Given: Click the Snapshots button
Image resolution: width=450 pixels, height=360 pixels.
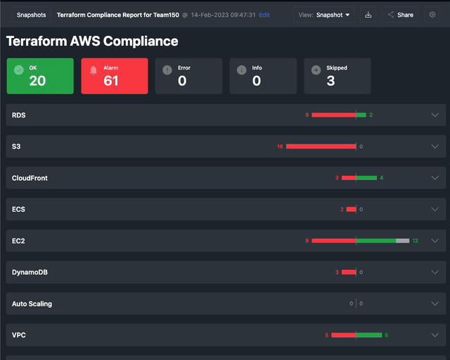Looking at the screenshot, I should pos(31,14).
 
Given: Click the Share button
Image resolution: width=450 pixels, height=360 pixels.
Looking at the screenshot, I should pos(400,14).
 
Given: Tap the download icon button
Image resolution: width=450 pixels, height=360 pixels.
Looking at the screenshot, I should pos(368,14).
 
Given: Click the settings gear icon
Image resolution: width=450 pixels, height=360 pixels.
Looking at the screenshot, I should pos(432,14).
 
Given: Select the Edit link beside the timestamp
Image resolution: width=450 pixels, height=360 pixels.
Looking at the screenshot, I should pos(264,14).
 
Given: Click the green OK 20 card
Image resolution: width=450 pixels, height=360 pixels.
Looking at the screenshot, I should pos(40,76).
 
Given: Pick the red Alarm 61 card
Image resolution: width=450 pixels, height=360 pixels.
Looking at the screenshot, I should pos(115,76).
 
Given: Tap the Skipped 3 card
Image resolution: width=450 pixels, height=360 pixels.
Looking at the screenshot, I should pos(337,76).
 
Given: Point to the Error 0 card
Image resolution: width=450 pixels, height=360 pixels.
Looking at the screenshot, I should pos(188,76).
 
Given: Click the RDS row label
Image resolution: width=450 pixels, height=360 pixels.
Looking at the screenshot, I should pos(19,115).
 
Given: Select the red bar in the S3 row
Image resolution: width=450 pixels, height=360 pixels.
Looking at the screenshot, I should pos(321,146).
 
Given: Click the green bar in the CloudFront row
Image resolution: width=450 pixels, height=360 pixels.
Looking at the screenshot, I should pos(366,178).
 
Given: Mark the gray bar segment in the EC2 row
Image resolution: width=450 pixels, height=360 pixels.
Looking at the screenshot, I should pos(402,240).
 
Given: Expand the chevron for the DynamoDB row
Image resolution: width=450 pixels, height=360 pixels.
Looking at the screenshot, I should pos(435,272).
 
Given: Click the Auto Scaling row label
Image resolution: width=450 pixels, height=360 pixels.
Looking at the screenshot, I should pos(32,304).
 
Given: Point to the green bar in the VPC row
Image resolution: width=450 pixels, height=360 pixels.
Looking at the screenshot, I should pos(369,335).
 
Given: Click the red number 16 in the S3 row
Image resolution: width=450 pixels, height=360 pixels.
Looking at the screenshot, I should pos(279,146).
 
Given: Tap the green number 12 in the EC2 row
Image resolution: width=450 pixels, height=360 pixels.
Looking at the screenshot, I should pos(416,240).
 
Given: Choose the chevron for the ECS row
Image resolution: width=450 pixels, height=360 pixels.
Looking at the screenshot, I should pos(435,210).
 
